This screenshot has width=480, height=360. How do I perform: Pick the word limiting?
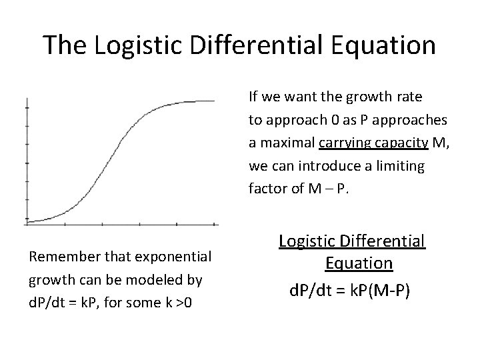(401, 165)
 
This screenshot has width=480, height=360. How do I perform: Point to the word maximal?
(287, 143)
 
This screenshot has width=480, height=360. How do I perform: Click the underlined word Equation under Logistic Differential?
(359, 263)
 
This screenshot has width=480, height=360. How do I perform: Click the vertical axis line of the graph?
(26, 160)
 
